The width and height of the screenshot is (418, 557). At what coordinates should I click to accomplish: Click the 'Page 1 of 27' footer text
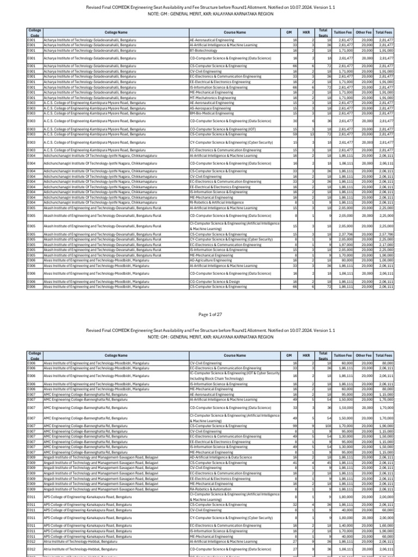point(208,315)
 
